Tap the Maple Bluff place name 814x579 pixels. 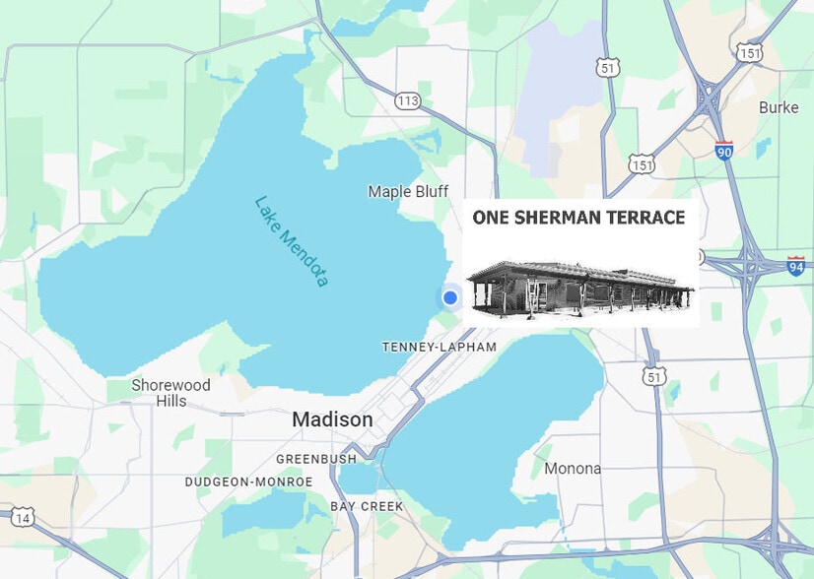[408, 191]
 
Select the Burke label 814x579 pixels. [779, 106]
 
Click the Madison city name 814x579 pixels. [332, 420]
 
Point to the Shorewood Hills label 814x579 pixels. [171, 393]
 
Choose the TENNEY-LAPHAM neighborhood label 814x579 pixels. [440, 348]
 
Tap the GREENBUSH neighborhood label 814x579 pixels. [315, 459]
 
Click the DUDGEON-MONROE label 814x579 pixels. [248, 482]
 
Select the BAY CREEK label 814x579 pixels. [367, 506]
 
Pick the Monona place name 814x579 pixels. [573, 469]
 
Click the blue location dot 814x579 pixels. [450, 297]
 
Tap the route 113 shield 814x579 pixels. [408, 100]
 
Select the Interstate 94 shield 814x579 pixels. [796, 265]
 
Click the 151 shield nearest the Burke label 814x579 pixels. [750, 53]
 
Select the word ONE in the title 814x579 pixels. [490, 218]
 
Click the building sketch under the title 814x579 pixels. [580, 287]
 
